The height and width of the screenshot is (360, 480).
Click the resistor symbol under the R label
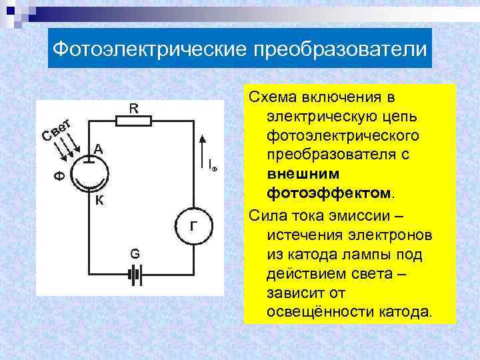[x=133, y=120]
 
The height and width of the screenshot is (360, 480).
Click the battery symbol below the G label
[x=135, y=273]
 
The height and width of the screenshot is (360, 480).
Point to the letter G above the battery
[x=135, y=254]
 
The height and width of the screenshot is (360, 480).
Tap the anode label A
[x=98, y=150]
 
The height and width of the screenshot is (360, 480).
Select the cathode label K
[x=98, y=199]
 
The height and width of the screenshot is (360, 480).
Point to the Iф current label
[x=212, y=165]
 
